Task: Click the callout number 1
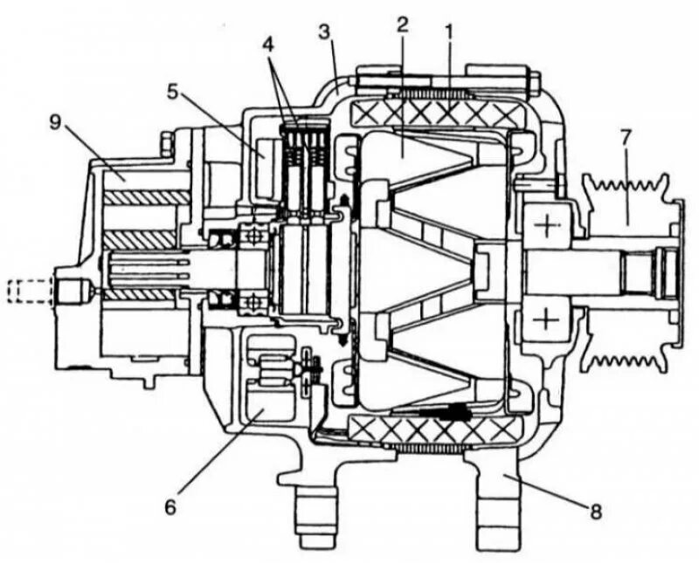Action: pyautogui.click(x=448, y=31)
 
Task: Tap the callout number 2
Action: pyautogui.click(x=402, y=24)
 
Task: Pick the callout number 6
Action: pyautogui.click(x=171, y=505)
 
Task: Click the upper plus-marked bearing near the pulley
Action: pyautogui.click(x=547, y=228)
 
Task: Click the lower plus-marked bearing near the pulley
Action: pyautogui.click(x=547, y=319)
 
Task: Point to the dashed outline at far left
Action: pyautogui.click(x=26, y=288)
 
